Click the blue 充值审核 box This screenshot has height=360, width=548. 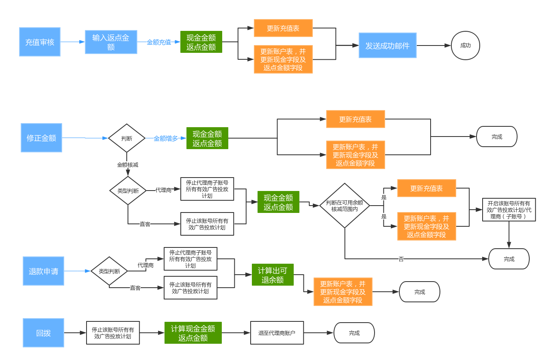pyautogui.click(x=40, y=42)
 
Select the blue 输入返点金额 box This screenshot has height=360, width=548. pyautogui.click(x=111, y=42)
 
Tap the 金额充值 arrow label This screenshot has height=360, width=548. pyautogui.click(x=159, y=42)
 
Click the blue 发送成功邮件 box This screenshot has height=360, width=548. pyautogui.click(x=388, y=45)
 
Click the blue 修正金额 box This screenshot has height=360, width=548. pyautogui.click(x=41, y=138)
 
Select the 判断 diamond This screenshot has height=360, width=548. pyautogui.click(x=127, y=138)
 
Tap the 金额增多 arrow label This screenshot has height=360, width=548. pyautogui.click(x=166, y=139)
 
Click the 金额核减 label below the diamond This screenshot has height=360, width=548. pyautogui.click(x=128, y=165)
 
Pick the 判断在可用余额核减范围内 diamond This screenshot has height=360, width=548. pyautogui.click(x=344, y=206)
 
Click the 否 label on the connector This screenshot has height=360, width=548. pyautogui.click(x=401, y=259)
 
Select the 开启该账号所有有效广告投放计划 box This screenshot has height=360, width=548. pyautogui.click(x=509, y=210)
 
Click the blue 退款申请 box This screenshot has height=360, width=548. pyautogui.click(x=43, y=271)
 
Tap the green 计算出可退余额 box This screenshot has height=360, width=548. pyautogui.click(x=273, y=275)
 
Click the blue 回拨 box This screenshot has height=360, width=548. pyautogui.click(x=43, y=333)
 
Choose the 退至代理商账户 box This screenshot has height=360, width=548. pyautogui.click(x=277, y=333)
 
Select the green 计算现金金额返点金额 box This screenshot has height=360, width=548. pyautogui.click(x=193, y=333)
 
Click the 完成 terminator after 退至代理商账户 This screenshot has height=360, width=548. pyautogui.click(x=354, y=333)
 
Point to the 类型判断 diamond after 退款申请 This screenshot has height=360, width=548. pyautogui.click(x=109, y=271)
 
